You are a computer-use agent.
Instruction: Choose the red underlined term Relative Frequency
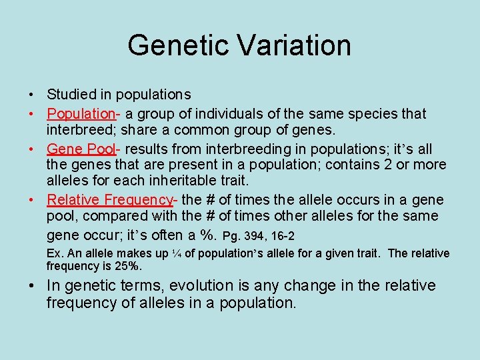click(x=109, y=199)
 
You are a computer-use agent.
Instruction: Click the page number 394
click(x=255, y=236)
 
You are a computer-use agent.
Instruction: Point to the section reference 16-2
click(x=283, y=236)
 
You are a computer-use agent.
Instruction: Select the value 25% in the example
click(x=129, y=265)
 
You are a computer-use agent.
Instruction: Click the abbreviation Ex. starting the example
click(x=54, y=253)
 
